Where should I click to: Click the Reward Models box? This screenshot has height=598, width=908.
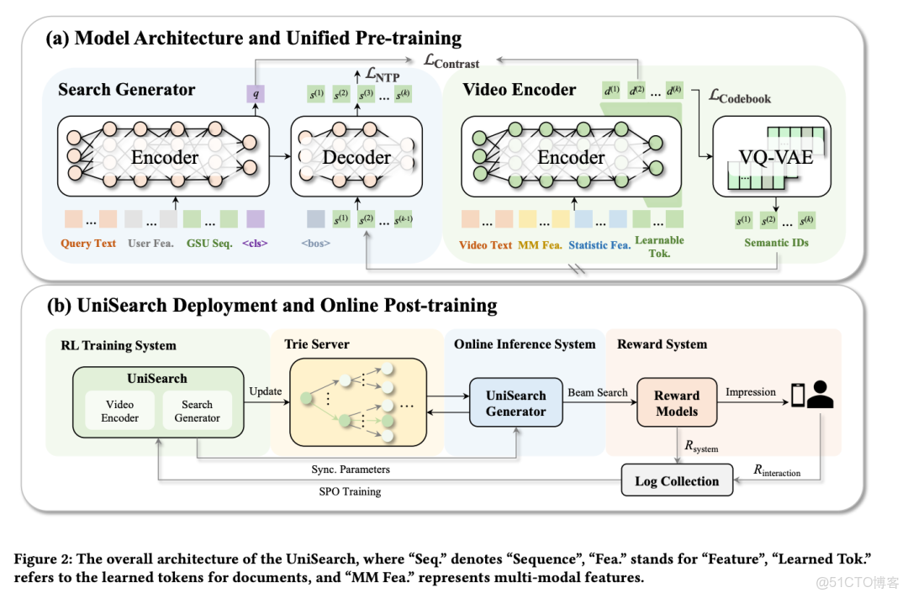676,403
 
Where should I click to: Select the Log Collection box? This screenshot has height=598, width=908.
677,481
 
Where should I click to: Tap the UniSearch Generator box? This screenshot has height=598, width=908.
515,403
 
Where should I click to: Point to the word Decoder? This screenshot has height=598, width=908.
357,157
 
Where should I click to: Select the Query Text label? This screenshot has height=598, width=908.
87,244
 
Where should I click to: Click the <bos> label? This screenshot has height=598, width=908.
316,244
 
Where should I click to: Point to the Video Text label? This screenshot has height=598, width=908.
486,245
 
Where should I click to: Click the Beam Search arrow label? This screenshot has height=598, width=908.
598,392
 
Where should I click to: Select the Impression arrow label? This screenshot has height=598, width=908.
751,392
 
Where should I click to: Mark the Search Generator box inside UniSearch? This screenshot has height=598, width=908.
197,411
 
